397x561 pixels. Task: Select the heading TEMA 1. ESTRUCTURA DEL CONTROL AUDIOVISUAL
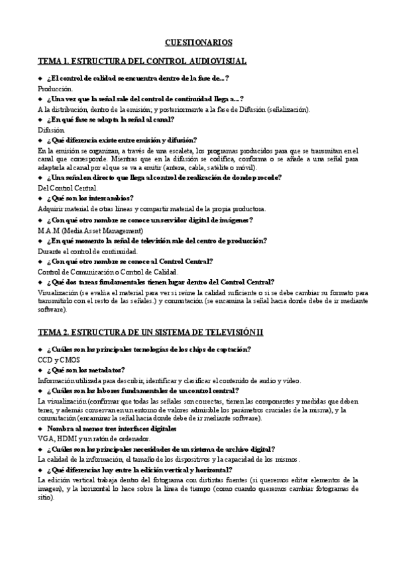142,62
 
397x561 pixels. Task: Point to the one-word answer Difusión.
52,130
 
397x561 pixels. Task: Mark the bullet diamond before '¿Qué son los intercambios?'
40,198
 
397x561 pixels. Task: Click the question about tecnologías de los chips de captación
148,349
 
